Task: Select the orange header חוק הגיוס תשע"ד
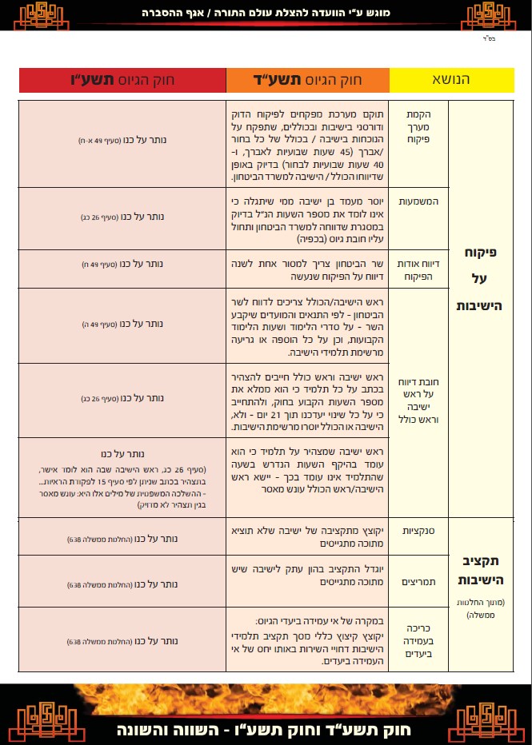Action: pyautogui.click(x=307, y=81)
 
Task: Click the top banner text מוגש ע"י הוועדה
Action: pyautogui.click(x=266, y=14)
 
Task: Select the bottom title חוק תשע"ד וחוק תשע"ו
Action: pyautogui.click(x=266, y=730)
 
